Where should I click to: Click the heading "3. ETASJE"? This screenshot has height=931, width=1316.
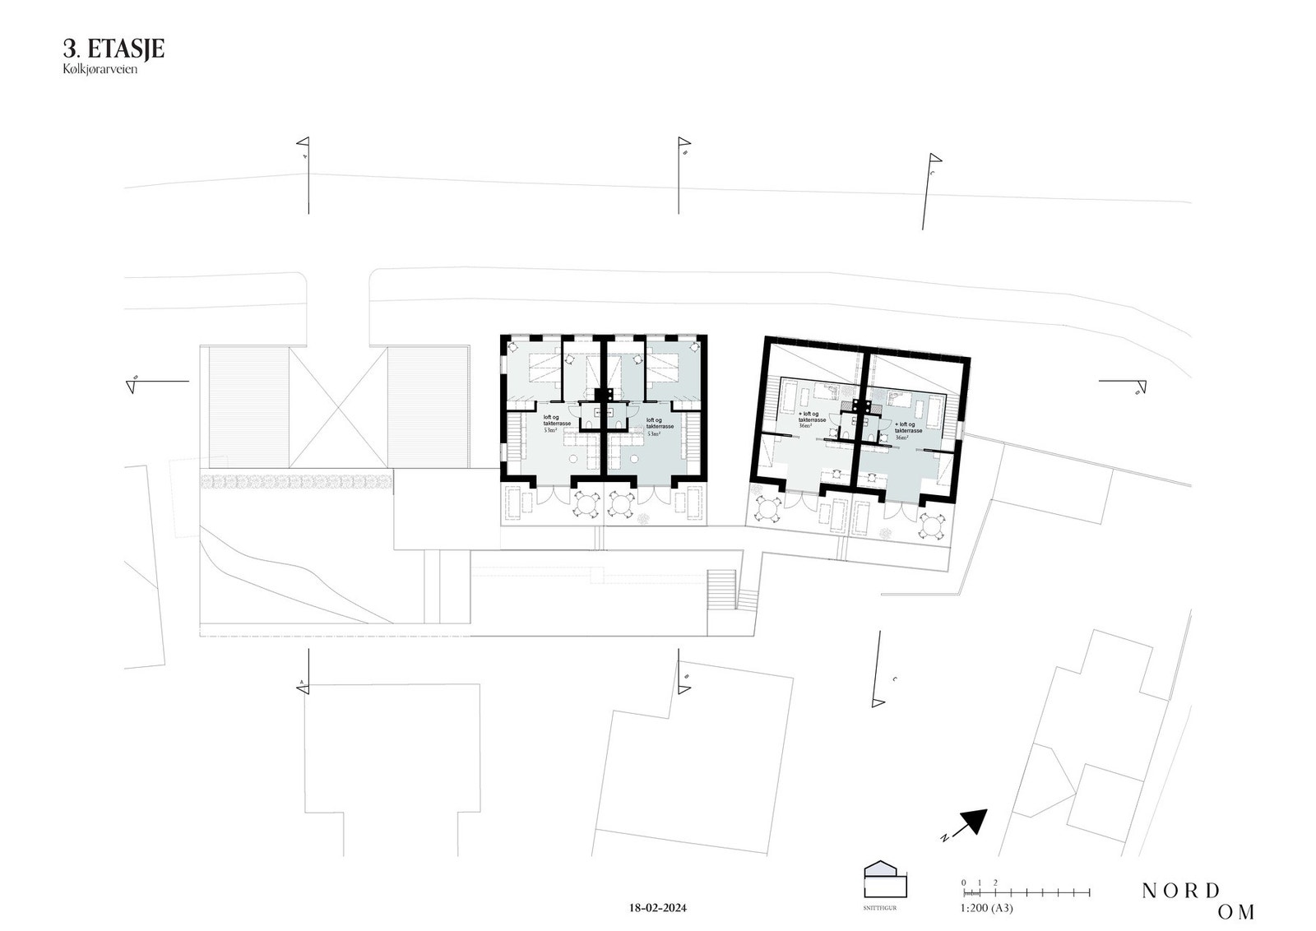(x=114, y=49)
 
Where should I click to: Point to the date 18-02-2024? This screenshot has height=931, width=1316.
(x=656, y=908)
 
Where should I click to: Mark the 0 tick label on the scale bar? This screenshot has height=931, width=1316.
(x=964, y=882)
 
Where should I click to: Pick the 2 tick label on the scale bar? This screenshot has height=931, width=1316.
(x=995, y=882)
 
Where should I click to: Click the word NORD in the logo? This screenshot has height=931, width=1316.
(x=1180, y=891)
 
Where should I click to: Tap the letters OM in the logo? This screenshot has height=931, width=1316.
(x=1236, y=911)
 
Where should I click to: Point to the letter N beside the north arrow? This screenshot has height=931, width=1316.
(x=947, y=838)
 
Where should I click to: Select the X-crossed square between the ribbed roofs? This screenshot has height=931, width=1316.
(x=338, y=407)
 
